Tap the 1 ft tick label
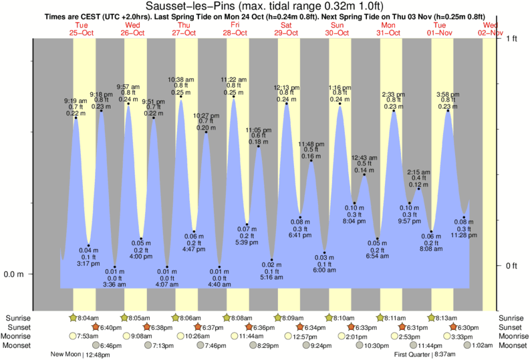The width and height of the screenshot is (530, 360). (x=511, y=39)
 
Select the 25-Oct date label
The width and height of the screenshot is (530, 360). (x=82, y=32)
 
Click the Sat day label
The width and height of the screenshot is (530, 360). (x=287, y=25)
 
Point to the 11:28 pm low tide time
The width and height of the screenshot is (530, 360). (x=463, y=234)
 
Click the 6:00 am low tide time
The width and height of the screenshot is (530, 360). (x=324, y=270)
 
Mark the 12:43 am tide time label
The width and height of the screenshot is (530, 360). (x=365, y=157)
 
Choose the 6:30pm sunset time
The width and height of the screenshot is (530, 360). (x=469, y=327)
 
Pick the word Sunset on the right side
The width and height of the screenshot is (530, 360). (x=511, y=327)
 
